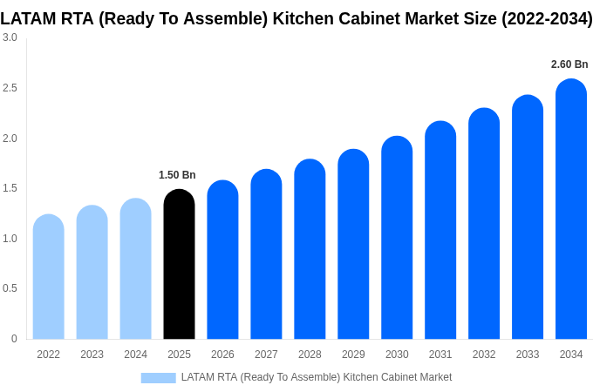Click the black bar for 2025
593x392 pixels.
click(x=179, y=266)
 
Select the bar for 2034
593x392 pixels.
click(x=571, y=209)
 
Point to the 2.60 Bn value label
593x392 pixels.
click(x=569, y=64)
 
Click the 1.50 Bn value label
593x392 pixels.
click(x=177, y=175)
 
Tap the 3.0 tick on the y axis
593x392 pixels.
click(x=10, y=37)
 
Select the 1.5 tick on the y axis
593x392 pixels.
click(x=10, y=188)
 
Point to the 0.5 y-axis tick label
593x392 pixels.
click(x=10, y=288)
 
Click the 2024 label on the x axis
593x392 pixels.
click(x=135, y=355)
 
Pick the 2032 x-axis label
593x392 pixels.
click(x=484, y=355)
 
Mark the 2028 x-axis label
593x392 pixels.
click(x=310, y=355)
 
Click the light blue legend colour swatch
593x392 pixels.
click(x=158, y=377)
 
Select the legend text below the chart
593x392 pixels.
click(x=316, y=377)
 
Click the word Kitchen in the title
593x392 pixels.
click(x=322, y=18)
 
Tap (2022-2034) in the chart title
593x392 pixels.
click(x=547, y=18)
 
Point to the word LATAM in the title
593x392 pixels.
click(x=28, y=18)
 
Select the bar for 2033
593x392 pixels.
click(x=528, y=218)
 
